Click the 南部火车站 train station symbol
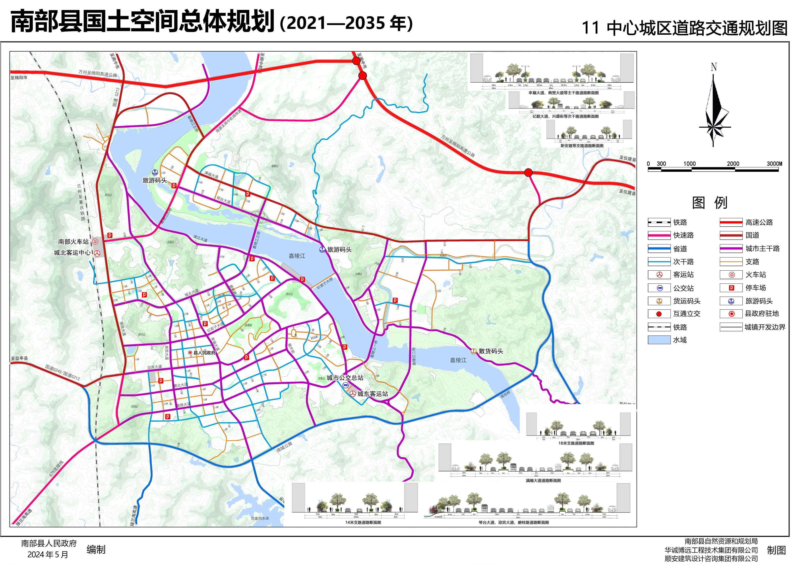point(95,241)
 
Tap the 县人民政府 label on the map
point(204,353)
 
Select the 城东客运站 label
point(372,394)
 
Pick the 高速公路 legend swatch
point(731,222)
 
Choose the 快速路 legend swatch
point(659,236)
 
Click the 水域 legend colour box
point(659,340)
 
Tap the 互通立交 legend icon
point(659,314)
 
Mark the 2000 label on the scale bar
point(733,164)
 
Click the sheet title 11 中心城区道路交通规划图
point(684,28)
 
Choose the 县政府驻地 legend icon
point(731,314)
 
